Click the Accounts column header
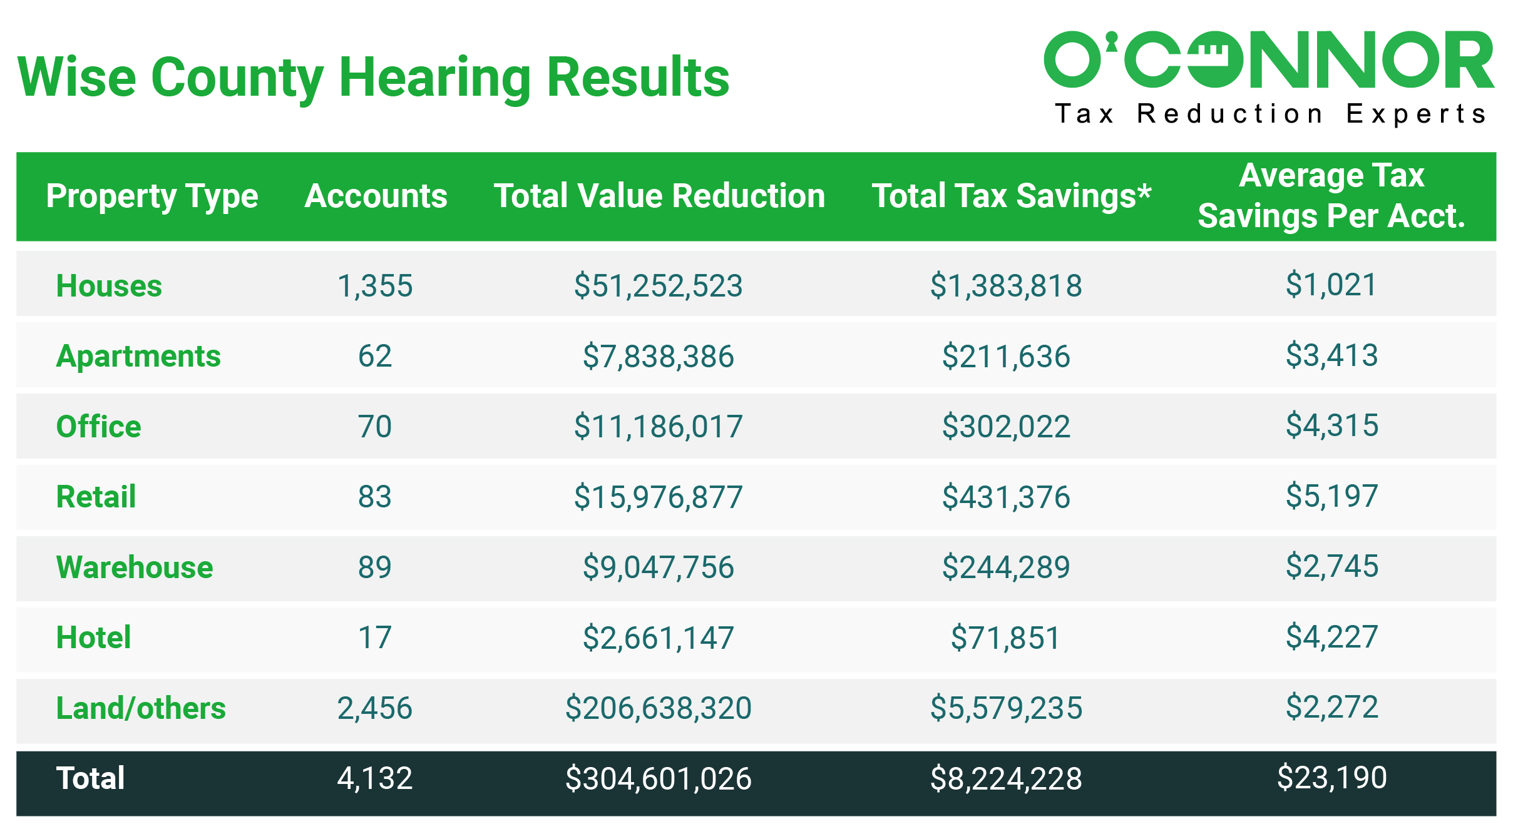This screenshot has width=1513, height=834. click(376, 196)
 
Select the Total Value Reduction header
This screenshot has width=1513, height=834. click(659, 196)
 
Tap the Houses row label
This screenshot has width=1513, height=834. click(109, 286)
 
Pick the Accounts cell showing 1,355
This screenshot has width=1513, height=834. click(375, 286)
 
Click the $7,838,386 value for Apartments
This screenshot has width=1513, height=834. click(658, 357)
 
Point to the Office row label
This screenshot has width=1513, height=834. click(98, 427)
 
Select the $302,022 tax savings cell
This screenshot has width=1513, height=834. click(1006, 427)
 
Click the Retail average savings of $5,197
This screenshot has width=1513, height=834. click(1331, 496)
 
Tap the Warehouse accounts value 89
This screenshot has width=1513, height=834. click(375, 567)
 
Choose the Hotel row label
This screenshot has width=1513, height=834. click(93, 638)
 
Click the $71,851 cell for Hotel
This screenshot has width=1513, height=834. click(1005, 638)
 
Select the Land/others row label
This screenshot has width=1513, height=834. click(141, 708)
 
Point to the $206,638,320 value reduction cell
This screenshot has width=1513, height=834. click(658, 708)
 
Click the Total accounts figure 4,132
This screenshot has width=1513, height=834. click(375, 778)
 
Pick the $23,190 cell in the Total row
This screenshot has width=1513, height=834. click(1331, 778)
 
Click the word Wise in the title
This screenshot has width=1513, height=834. click(76, 78)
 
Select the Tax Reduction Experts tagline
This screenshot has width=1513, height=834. click(1271, 114)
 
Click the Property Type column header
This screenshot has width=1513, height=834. click(152, 196)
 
